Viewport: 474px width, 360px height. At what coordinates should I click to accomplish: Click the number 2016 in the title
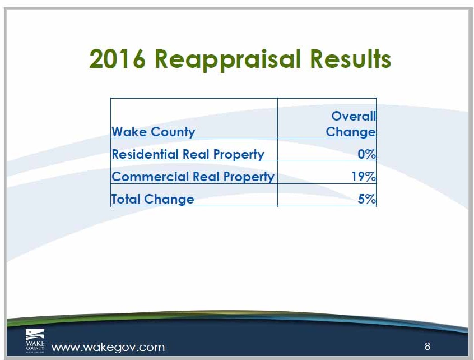coord(117,59)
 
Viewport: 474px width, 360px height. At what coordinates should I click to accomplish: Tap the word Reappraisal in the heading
coord(228,60)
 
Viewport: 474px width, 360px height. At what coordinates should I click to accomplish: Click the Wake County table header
coord(154,132)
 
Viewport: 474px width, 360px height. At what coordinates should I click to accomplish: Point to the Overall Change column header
coord(351,124)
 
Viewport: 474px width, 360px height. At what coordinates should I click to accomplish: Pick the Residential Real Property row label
coord(188,154)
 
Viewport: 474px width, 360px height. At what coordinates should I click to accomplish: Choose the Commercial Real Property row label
coord(193,177)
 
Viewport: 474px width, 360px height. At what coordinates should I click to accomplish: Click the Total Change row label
coord(152,199)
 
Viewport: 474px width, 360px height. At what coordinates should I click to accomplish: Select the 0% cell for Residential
coord(366,154)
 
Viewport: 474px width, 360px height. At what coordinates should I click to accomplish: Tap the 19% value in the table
coord(364,177)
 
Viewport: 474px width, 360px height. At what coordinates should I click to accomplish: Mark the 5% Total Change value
coord(367,199)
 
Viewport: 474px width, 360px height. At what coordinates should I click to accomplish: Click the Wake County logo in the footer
coord(35,341)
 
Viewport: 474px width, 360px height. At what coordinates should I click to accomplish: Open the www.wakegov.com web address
coord(108,347)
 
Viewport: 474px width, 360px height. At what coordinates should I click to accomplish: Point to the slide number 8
coord(427,346)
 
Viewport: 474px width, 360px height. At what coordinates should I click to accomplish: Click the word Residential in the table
coord(145,154)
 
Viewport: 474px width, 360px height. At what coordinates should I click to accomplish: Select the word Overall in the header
coord(354,116)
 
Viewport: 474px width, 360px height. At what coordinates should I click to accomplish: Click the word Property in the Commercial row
coord(249,177)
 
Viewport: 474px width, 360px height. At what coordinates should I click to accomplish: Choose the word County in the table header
coord(173,132)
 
